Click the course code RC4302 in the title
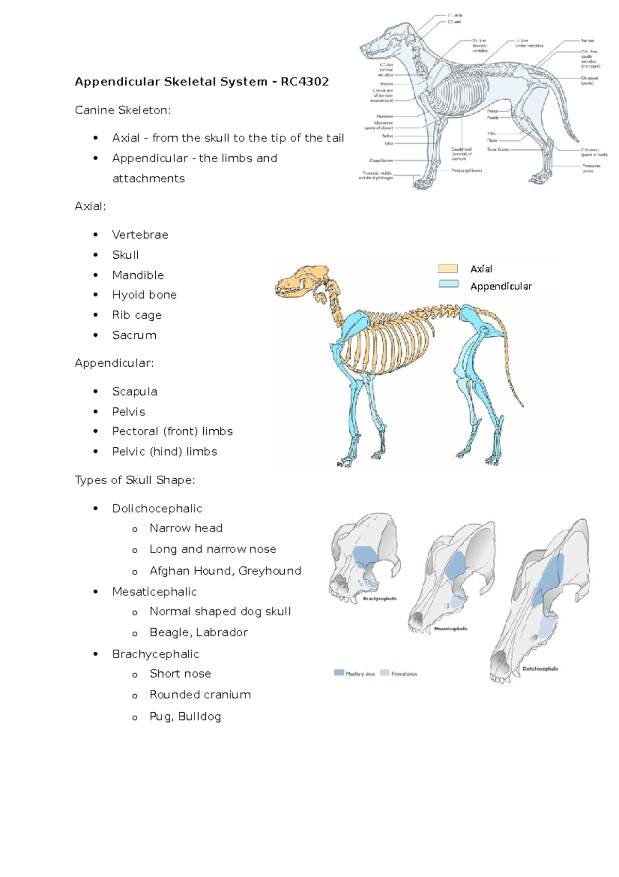pos(304,82)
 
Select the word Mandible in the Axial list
pos(138,275)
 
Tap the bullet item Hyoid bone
pos(144,295)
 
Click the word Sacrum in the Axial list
pos(134,335)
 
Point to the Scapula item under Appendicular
pos(134,391)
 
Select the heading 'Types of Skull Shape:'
pos(135,480)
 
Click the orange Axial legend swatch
pos(448,269)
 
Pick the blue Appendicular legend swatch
pos(448,284)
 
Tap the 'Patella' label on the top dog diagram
pos(492,118)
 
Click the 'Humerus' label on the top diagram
pos(384,116)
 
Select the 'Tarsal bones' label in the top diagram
pos(498,149)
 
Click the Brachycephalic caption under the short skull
pos(380,599)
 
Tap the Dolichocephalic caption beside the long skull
pos(540,669)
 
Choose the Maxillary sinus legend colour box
pos(339,672)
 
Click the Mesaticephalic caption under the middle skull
pos(451,629)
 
